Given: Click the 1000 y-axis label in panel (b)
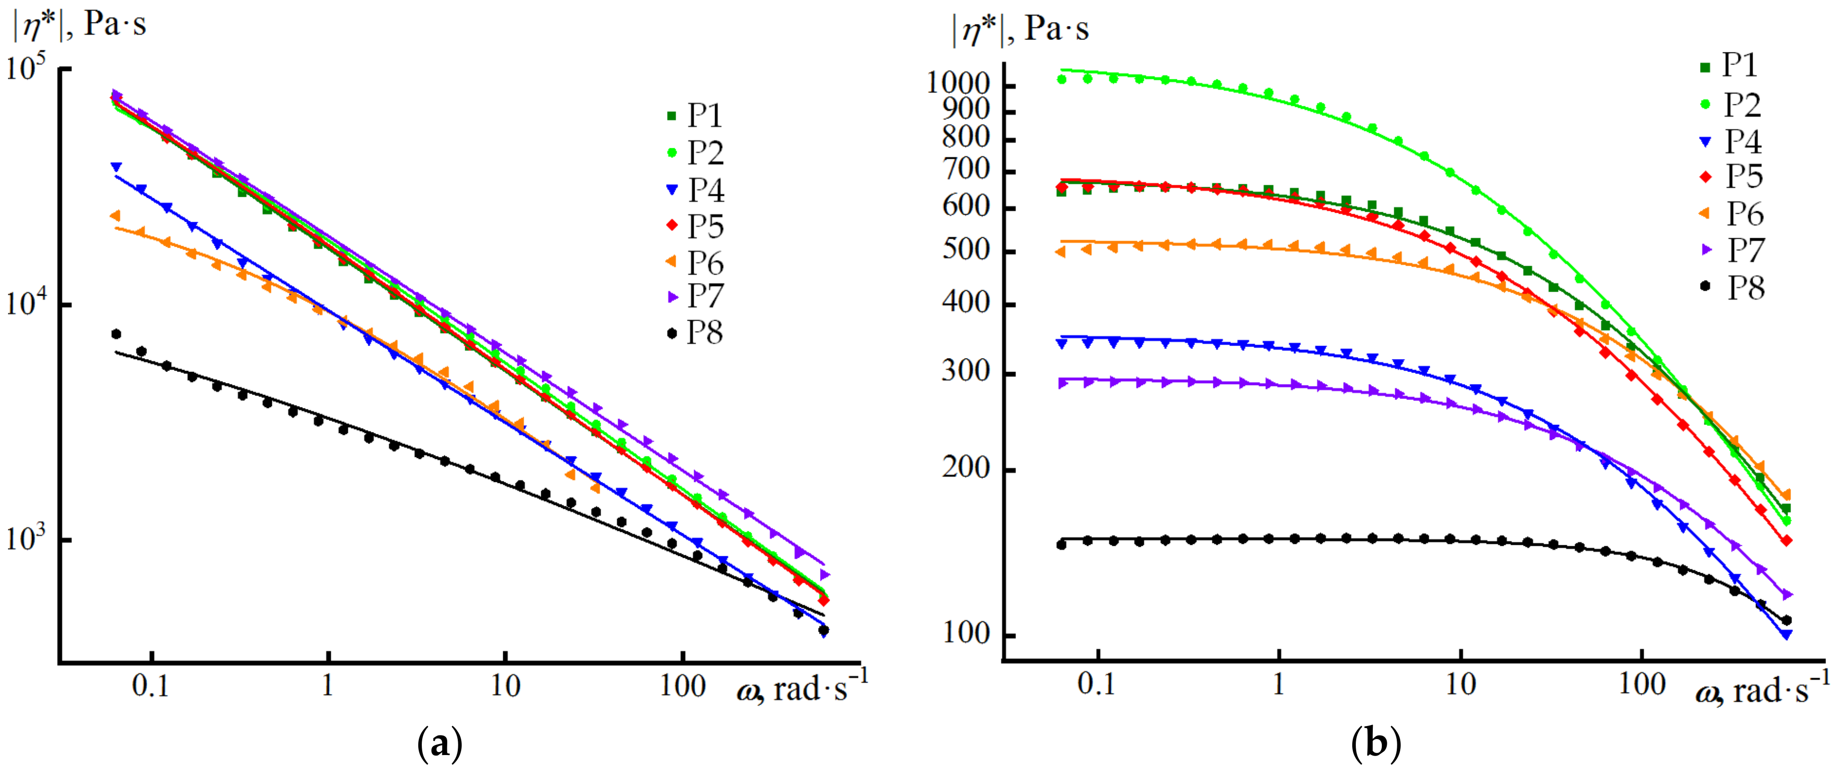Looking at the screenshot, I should pos(959,84).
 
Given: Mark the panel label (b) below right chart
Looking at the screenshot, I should pos(1376,745).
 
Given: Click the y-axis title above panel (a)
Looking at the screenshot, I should pos(78,25).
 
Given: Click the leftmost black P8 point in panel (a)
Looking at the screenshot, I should pos(116,334).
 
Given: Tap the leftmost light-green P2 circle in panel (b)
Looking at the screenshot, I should pos(1061,79).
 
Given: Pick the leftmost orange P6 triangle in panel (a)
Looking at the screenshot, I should pos(115,216).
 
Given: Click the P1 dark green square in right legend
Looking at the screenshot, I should pos(1706,67).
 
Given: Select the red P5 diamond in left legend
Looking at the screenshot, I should pos(671,226).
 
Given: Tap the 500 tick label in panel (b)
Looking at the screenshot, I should pos(965,251).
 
